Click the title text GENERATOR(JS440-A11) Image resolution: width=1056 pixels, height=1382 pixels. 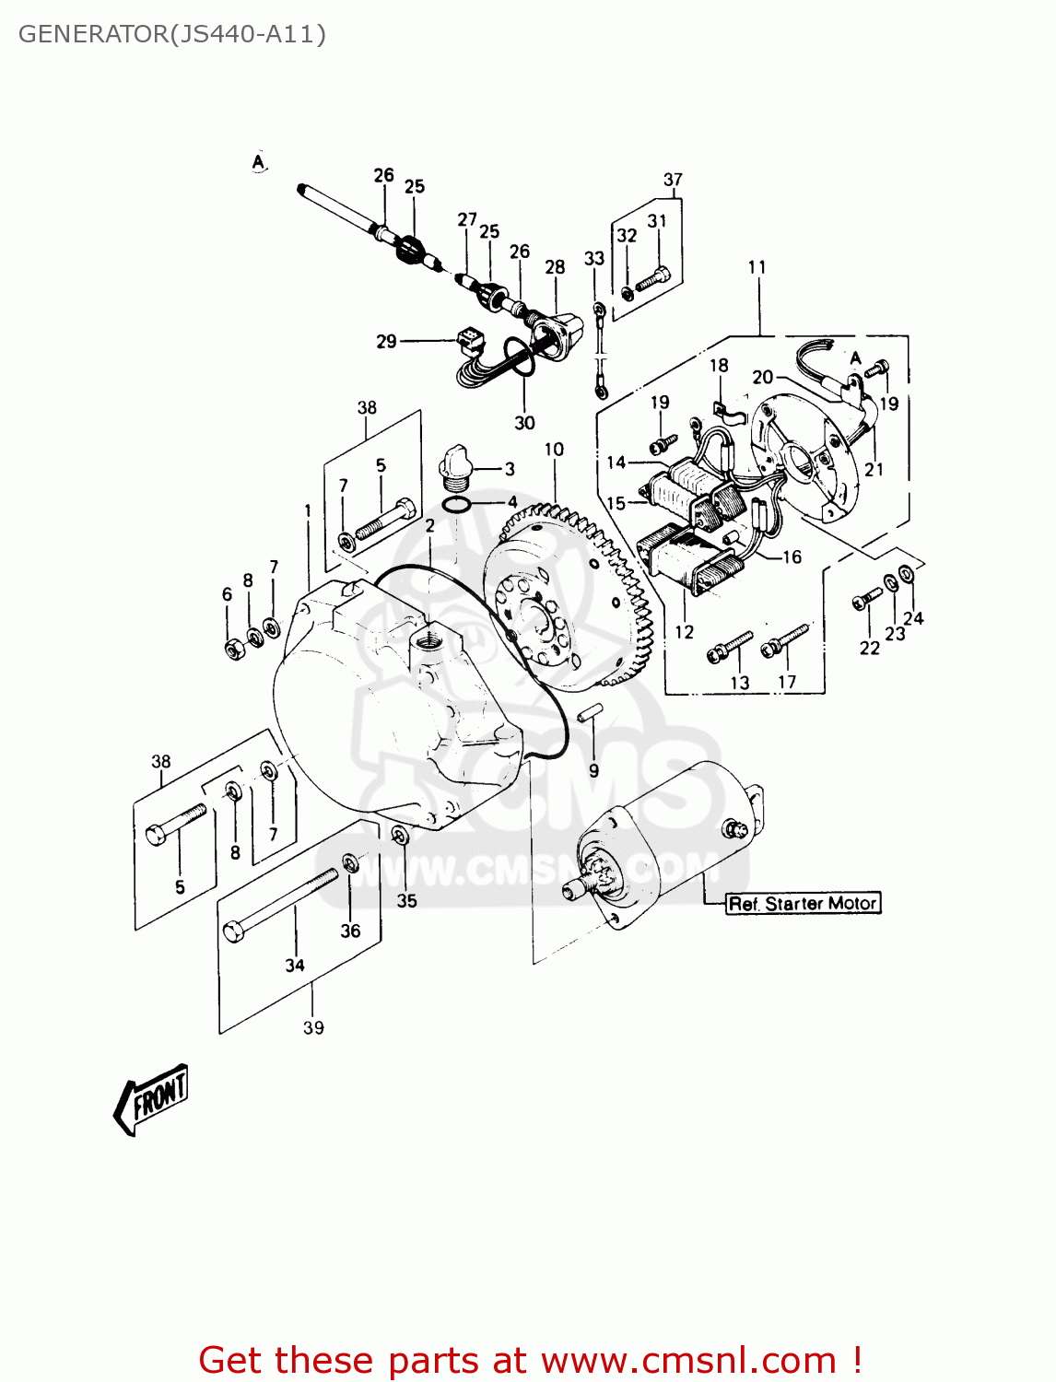click(x=171, y=34)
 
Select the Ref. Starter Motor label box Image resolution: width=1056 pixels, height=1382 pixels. click(x=803, y=904)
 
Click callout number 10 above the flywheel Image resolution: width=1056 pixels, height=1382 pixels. click(x=554, y=450)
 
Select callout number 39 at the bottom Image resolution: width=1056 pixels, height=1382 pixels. click(x=313, y=1027)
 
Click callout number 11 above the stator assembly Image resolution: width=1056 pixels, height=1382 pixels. click(x=757, y=267)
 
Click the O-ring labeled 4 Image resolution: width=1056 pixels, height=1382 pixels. click(x=457, y=505)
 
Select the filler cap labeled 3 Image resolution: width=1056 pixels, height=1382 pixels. click(x=455, y=464)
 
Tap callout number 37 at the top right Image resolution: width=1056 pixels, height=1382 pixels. click(x=673, y=180)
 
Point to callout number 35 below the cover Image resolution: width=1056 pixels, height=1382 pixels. click(x=406, y=900)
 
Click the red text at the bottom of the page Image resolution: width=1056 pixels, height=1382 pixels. click(x=530, y=1361)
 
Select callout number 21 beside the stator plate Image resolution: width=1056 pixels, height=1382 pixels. click(x=874, y=469)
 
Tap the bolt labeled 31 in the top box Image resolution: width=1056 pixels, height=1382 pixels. click(x=653, y=275)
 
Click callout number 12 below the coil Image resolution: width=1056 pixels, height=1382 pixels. click(x=684, y=632)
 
